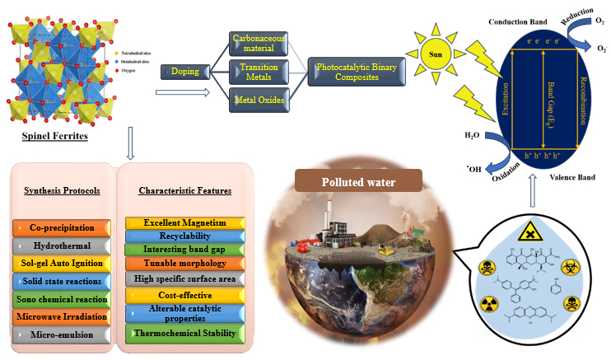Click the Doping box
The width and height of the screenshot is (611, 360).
coord(186,72)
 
